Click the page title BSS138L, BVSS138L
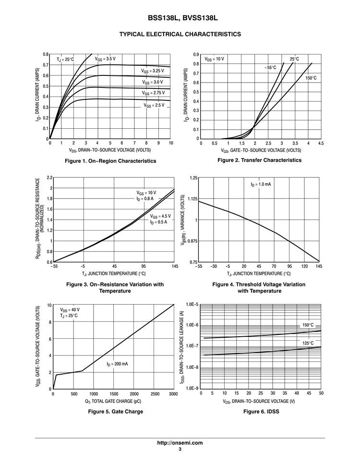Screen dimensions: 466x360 tap(180, 18)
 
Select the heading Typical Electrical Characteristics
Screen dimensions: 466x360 tap(180, 34)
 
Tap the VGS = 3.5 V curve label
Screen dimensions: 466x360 tap(105, 59)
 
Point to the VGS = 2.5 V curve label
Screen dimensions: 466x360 tap(154, 104)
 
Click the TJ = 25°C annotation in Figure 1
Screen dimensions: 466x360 tap(65, 60)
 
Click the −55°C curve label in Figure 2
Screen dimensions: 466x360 tap(270, 68)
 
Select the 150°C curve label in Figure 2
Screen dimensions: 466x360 tap(311, 78)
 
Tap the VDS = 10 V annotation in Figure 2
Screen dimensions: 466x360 tap(214, 59)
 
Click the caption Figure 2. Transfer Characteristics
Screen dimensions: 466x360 tap(259, 160)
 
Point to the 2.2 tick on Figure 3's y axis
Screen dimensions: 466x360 tap(49, 178)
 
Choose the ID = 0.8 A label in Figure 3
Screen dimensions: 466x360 tap(145, 199)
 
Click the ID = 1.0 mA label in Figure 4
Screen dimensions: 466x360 tap(261, 184)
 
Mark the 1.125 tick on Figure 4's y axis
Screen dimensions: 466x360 tap(192, 199)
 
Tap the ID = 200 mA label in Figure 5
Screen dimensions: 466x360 tap(117, 364)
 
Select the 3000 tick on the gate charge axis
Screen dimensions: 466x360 tap(174, 394)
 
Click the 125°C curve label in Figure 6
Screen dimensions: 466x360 tap(308, 343)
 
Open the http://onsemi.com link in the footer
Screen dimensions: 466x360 tap(180, 443)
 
